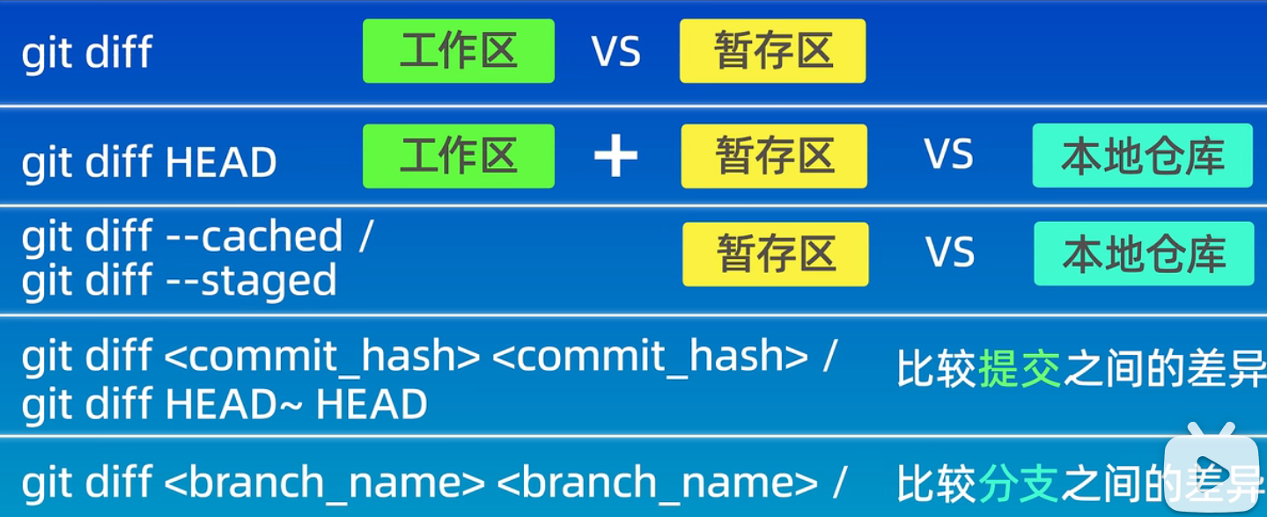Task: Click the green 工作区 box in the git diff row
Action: click(458, 51)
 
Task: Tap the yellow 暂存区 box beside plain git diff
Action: click(772, 51)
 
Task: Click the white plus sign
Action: click(615, 157)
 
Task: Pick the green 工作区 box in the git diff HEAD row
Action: click(458, 156)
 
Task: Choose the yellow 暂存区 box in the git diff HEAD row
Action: click(773, 156)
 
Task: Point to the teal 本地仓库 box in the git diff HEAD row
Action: click(1142, 156)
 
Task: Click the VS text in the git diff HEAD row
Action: click(948, 155)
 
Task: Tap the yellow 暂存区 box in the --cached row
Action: click(775, 255)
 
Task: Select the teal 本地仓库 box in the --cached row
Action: click(1143, 255)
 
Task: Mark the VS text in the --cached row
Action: click(949, 254)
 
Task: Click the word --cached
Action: click(254, 237)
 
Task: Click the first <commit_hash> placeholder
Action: click(321, 357)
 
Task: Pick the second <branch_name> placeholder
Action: click(657, 483)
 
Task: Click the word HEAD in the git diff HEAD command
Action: click(220, 163)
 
